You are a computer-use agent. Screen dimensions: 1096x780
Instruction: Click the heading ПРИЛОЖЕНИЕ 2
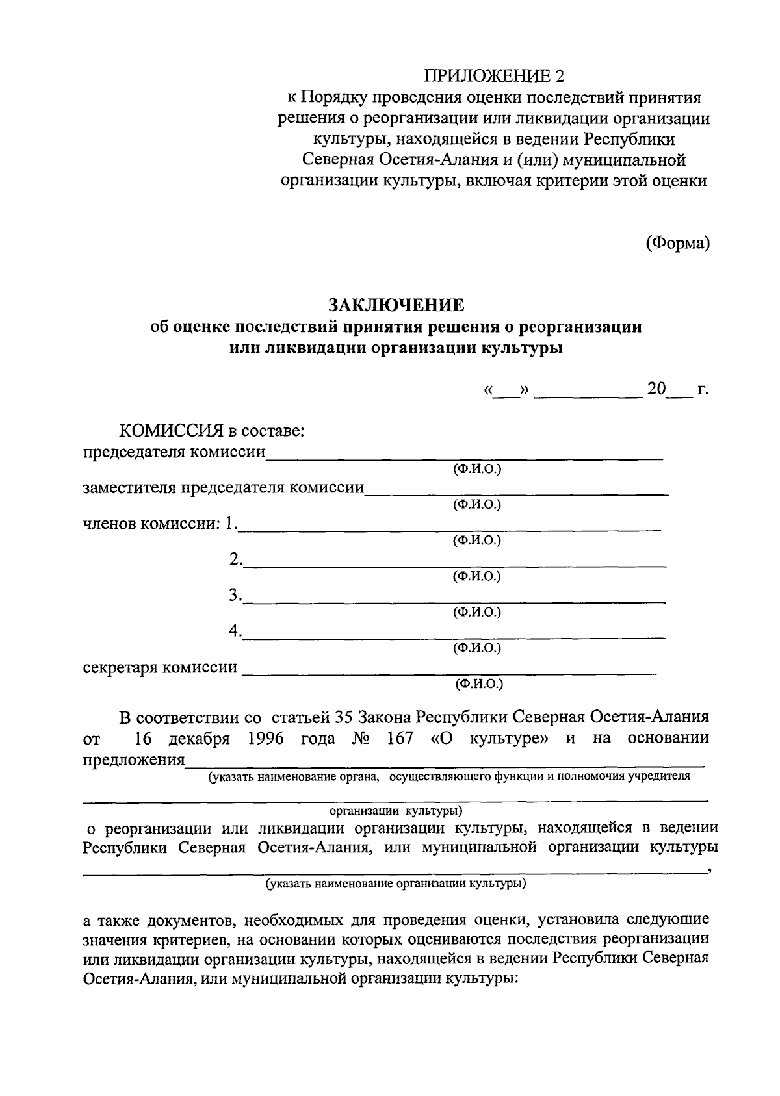494,76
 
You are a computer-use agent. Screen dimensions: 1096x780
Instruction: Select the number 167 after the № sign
400,739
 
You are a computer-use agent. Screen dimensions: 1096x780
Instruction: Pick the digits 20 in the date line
656,389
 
